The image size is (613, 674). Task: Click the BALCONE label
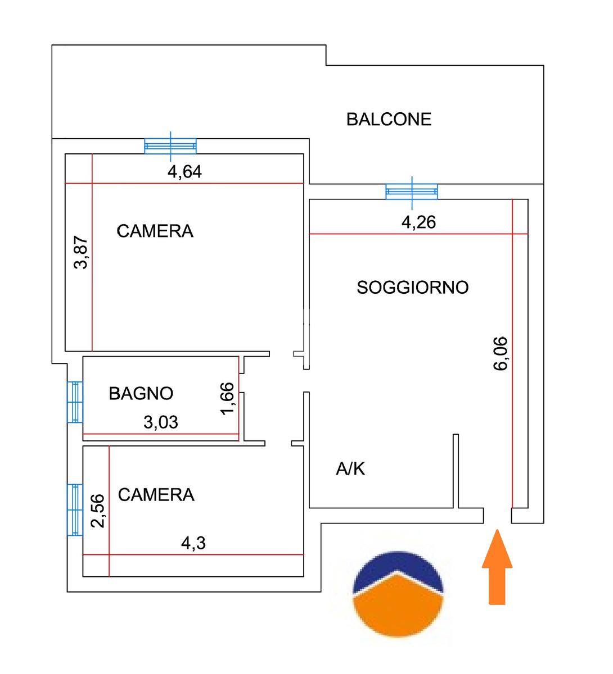point(389,119)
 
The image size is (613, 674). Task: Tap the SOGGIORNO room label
point(413,288)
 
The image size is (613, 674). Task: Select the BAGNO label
point(141,393)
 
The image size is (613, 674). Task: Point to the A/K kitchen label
point(350,468)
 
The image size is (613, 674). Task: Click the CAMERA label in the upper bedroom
point(155,231)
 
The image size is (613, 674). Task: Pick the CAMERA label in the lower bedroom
point(156,495)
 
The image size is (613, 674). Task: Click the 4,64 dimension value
point(184,172)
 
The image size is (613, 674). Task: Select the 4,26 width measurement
point(418,222)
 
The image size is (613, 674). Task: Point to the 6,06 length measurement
point(500,353)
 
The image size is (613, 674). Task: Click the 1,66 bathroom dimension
point(227,398)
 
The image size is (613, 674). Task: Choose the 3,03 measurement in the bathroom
point(161,422)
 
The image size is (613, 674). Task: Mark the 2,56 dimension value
point(98,511)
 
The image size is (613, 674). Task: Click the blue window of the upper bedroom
point(170,146)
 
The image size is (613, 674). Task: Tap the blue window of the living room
point(411,191)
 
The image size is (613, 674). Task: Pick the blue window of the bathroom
point(75,402)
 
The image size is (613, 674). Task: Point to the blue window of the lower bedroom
point(75,509)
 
